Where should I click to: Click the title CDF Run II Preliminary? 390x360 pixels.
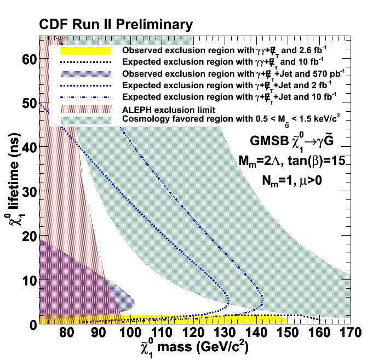115,25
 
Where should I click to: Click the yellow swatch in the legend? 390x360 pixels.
86,51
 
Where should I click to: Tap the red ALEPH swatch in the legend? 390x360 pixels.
86,108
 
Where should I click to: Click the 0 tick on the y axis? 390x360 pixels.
32,324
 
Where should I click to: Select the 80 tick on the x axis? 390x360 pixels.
66,333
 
